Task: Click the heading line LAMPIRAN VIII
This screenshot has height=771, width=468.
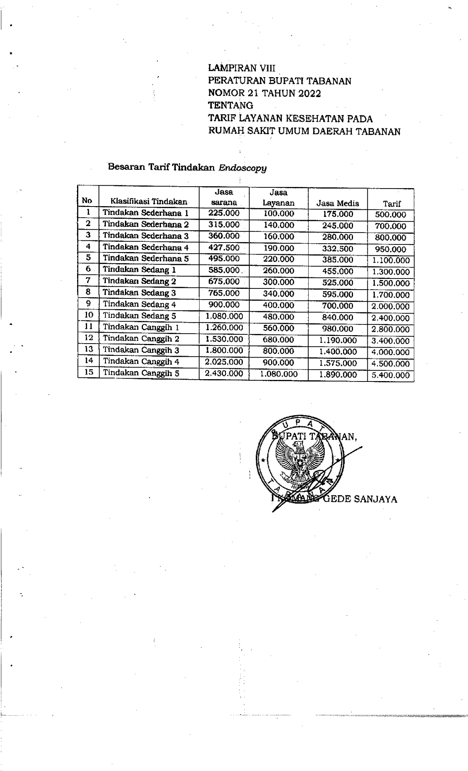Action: (241, 68)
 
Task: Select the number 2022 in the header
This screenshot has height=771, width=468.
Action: (309, 93)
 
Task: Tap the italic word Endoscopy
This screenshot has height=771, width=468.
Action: (242, 168)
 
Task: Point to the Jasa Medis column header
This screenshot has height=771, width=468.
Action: (338, 203)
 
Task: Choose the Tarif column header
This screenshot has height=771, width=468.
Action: (392, 204)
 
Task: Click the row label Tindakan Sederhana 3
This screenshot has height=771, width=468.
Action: (145, 236)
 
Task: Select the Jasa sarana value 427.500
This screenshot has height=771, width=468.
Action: (224, 247)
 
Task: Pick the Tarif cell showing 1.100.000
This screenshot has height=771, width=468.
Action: (391, 261)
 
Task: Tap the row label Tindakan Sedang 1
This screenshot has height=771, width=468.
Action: (139, 270)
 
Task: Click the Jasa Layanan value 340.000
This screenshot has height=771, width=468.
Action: (278, 294)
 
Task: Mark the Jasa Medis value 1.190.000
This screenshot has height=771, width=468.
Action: (338, 340)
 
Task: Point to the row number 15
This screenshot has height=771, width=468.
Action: (89, 372)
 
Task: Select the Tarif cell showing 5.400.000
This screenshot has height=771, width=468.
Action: (391, 375)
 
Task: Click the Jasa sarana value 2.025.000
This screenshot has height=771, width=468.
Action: (224, 362)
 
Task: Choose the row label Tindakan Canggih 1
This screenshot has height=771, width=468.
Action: (141, 327)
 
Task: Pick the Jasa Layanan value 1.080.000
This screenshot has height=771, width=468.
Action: (278, 374)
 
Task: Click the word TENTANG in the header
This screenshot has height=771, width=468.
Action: (231, 106)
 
